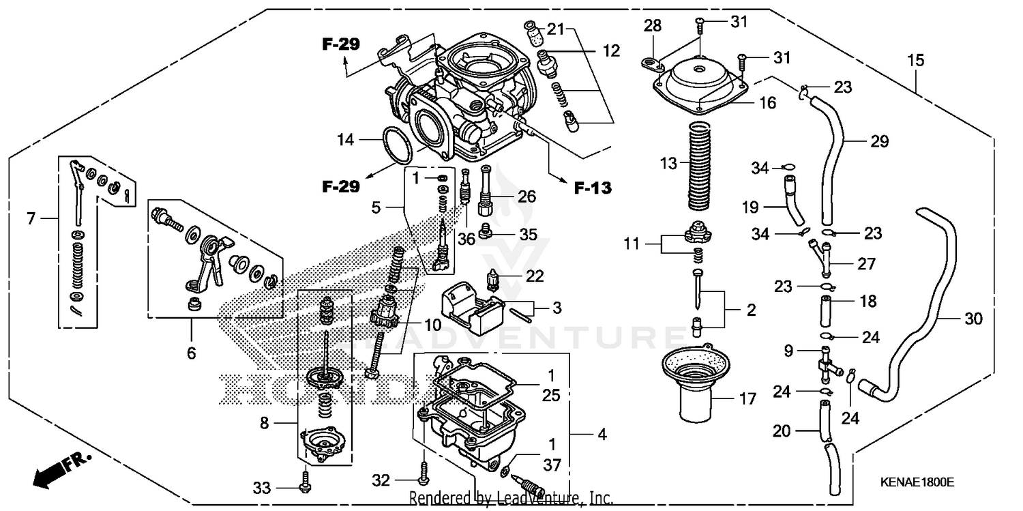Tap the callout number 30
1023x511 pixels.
click(973, 318)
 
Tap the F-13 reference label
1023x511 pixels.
click(591, 188)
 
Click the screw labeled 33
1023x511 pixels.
click(305, 486)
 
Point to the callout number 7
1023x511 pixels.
click(31, 219)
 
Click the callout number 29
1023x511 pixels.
click(880, 142)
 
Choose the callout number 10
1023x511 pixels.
click(433, 325)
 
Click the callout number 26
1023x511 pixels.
click(527, 196)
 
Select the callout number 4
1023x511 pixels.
click(601, 434)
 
